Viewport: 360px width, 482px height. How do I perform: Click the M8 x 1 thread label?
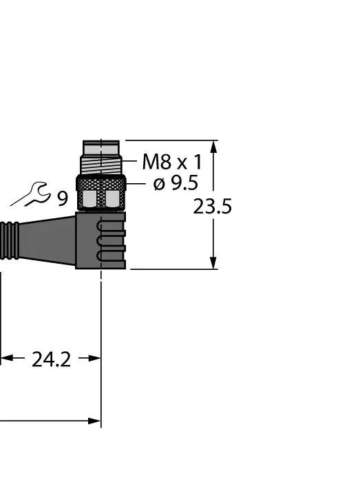click(171, 163)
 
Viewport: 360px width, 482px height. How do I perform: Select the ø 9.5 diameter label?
click(176, 184)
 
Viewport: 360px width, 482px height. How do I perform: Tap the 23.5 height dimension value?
click(212, 207)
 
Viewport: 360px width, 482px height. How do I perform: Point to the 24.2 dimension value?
click(51, 359)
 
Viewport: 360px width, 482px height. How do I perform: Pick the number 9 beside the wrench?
click(63, 200)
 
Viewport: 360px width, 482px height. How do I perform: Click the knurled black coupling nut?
click(100, 183)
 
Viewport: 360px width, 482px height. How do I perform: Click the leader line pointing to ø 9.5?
click(137, 184)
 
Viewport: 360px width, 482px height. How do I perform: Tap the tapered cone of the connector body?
click(52, 240)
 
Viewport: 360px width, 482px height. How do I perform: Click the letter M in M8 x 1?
click(151, 163)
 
